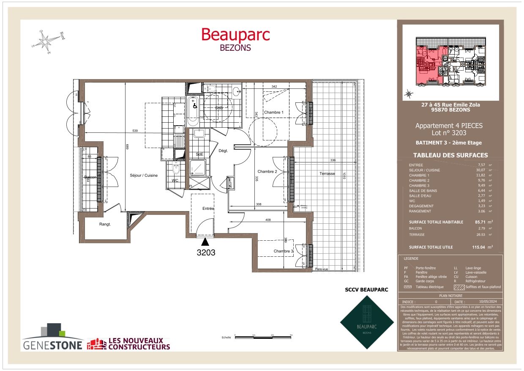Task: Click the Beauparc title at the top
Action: click(235, 34)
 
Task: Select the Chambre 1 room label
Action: click(274, 113)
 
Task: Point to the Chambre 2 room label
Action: click(267, 172)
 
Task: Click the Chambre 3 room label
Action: click(283, 251)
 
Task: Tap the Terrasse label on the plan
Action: click(327, 173)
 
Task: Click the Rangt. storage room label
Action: click(105, 224)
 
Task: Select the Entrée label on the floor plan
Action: click(208, 209)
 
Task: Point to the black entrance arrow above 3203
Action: click(205, 242)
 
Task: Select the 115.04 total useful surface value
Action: click(479, 247)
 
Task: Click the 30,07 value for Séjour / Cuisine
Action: click(482, 170)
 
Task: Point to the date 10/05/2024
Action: click(485, 302)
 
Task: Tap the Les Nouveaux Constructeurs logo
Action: click(128, 344)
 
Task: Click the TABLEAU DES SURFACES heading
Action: click(450, 155)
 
